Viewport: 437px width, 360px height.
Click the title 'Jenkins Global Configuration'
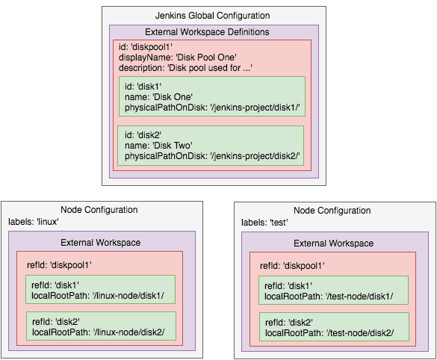(x=212, y=16)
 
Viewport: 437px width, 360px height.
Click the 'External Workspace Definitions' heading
(x=207, y=32)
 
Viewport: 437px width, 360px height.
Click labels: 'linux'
(x=34, y=222)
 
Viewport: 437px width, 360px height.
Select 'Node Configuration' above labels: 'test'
(x=332, y=211)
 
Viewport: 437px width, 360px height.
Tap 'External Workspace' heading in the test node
(x=333, y=243)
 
